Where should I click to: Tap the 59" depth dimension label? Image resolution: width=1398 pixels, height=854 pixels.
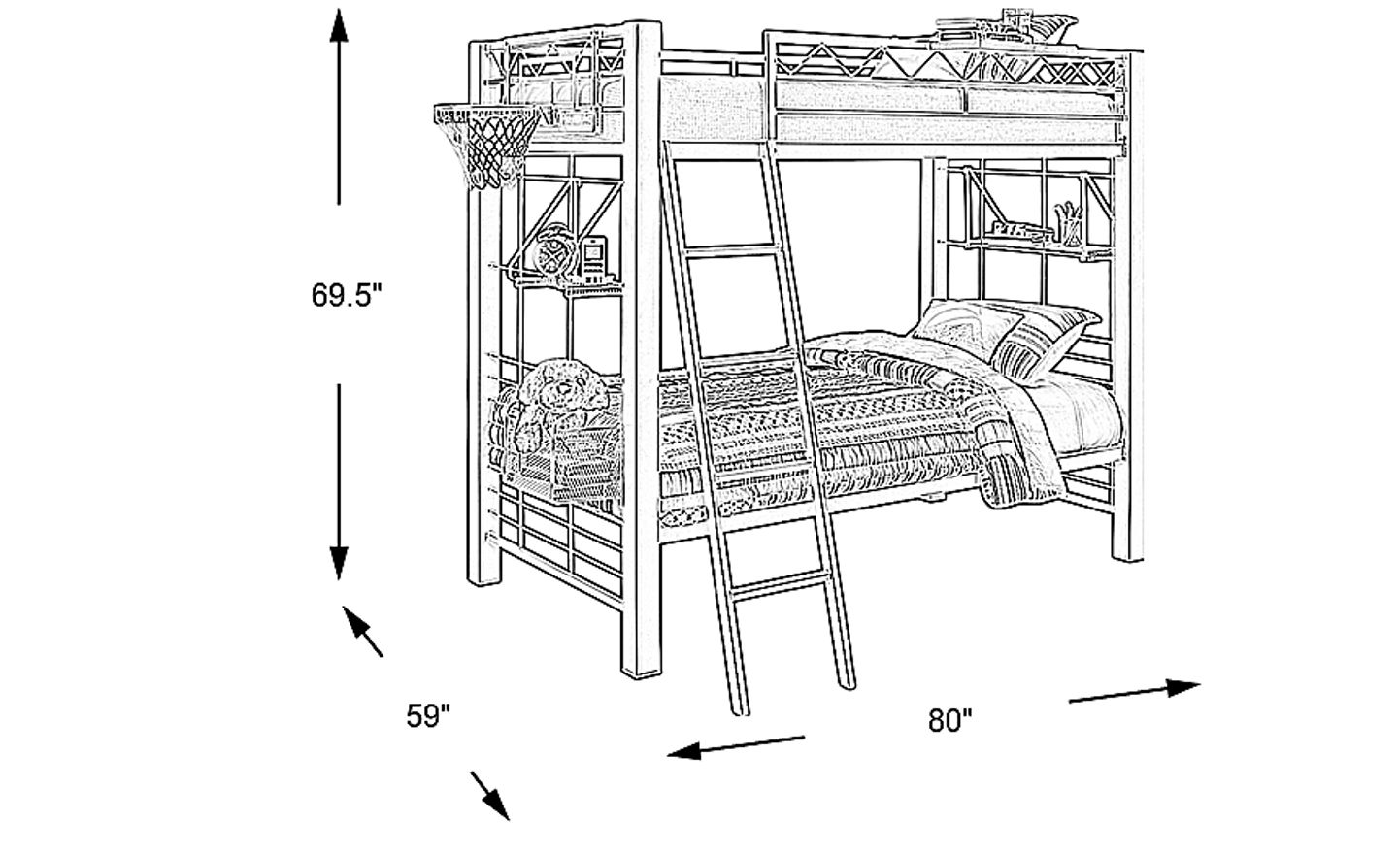click(428, 716)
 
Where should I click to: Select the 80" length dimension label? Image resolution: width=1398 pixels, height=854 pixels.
click(949, 720)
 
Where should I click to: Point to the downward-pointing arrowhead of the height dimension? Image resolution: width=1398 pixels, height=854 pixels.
click(338, 561)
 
